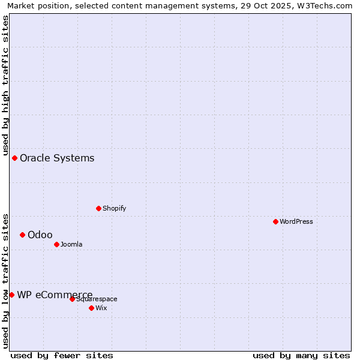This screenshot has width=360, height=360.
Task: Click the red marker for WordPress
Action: coord(275,221)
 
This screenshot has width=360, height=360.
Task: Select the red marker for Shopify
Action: coord(98,208)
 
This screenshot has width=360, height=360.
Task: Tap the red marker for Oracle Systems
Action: coord(14,158)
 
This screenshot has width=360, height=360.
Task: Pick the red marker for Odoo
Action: coord(22,235)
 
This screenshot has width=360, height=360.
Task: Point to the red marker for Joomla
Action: coord(56,244)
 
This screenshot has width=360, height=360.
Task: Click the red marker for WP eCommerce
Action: coord(11,295)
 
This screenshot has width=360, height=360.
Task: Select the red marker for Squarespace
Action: coord(72,299)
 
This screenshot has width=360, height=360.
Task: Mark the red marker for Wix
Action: coord(91,308)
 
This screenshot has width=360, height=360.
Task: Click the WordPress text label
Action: coord(296,221)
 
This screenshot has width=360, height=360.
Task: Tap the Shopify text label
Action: coord(115,208)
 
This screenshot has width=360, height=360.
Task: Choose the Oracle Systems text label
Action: coord(57,158)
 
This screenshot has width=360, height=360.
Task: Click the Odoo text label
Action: coord(40,235)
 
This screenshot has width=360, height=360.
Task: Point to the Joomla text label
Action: coord(71,244)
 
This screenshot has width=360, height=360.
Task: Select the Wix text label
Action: coord(101,308)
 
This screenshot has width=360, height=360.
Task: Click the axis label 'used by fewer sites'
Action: coord(62,355)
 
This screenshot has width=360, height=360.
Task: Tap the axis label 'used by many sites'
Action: coord(301,355)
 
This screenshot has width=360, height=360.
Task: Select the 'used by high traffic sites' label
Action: coord(6,85)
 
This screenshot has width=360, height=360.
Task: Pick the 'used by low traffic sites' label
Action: coord(6,280)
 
